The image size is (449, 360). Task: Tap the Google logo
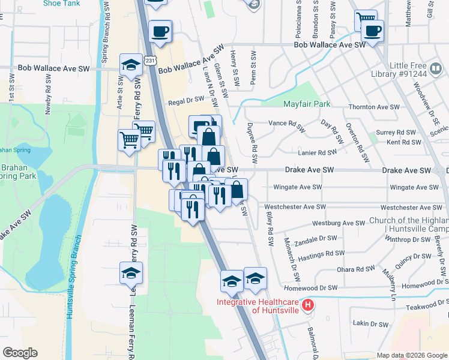click(x=20, y=353)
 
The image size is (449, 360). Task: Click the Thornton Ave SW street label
click(x=374, y=107)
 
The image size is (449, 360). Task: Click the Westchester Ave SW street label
click(x=295, y=207)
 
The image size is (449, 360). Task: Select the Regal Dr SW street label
click(x=186, y=103)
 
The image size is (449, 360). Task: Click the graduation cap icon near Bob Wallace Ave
click(x=130, y=65)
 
